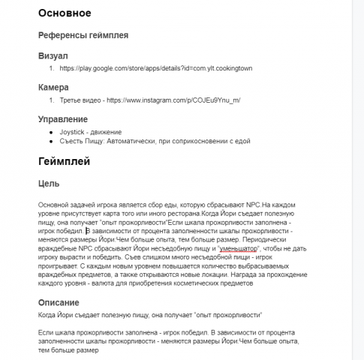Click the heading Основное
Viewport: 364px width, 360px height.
pos(64,13)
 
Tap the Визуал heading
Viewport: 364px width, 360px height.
pos(53,55)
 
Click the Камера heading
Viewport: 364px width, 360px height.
pos(53,87)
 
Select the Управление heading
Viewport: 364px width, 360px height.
pos(63,118)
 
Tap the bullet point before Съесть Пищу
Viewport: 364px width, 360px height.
pos(51,141)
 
